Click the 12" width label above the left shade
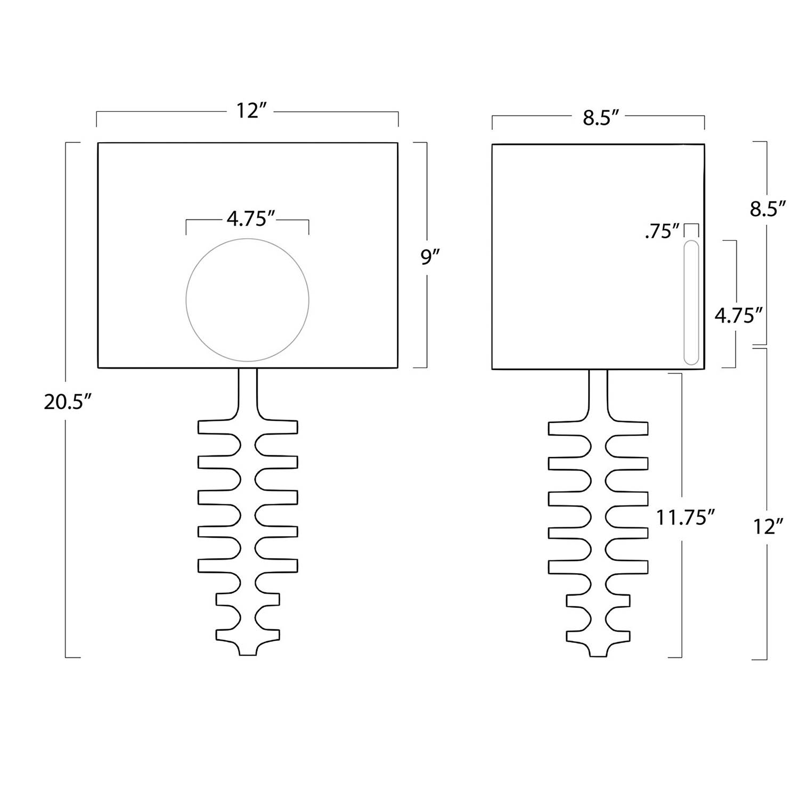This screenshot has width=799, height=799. [248, 111]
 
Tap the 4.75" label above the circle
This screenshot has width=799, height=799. [247, 218]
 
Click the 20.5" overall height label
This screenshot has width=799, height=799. [64, 402]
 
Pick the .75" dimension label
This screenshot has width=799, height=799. [662, 232]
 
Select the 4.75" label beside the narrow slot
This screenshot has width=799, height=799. [737, 316]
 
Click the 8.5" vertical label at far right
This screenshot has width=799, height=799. [768, 209]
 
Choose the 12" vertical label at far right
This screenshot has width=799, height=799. [768, 527]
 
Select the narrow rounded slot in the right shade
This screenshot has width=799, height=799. [691, 303]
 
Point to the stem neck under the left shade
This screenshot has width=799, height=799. [248, 392]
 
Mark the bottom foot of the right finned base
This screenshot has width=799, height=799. [598, 651]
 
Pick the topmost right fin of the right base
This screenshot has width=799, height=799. [631, 428]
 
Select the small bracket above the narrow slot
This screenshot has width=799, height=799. [691, 229]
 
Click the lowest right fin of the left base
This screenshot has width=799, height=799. [269, 634]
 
